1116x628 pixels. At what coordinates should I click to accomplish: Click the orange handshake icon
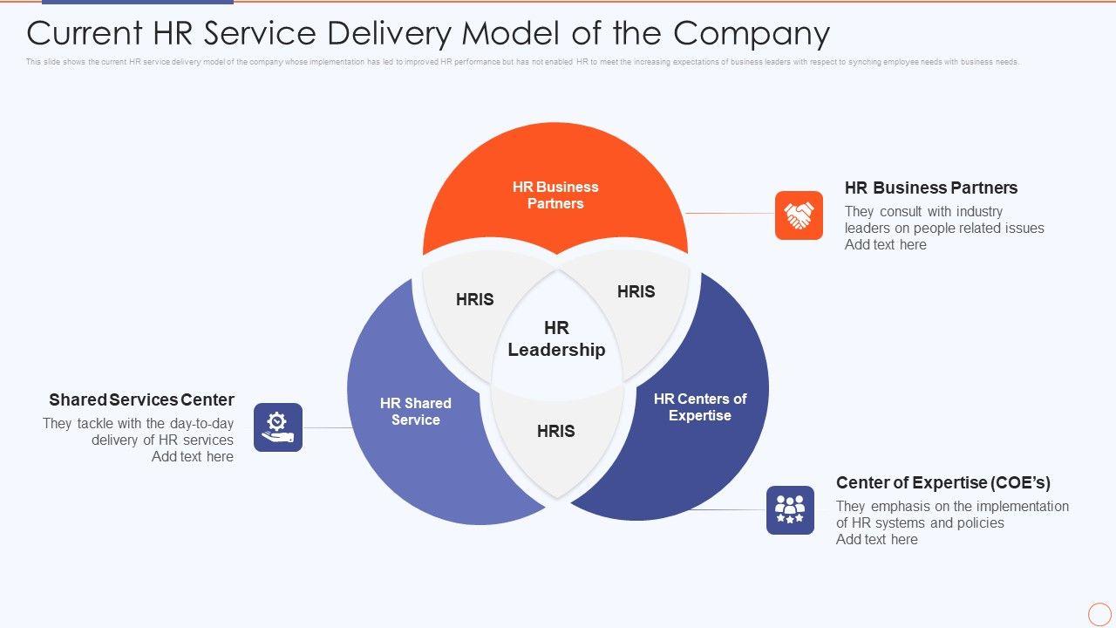click(799, 215)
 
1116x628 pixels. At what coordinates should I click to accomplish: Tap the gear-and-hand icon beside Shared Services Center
click(278, 427)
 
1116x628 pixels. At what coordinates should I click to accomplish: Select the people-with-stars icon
click(790, 510)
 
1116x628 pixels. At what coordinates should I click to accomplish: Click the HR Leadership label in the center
click(556, 339)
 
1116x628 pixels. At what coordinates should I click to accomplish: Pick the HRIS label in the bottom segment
click(556, 431)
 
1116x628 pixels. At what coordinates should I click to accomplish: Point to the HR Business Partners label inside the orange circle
click(555, 195)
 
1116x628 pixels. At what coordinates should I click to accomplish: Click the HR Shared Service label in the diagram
click(416, 412)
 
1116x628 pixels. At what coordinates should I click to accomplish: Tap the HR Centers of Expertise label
click(700, 407)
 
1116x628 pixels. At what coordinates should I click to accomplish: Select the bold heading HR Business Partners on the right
click(931, 188)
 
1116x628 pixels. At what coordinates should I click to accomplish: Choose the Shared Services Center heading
click(142, 399)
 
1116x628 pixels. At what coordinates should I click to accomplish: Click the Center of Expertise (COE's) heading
click(943, 482)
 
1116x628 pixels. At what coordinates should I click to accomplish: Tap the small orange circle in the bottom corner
click(1099, 613)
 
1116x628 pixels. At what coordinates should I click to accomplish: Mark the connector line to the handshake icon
click(730, 213)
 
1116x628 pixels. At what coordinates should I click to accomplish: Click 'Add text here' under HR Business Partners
click(885, 245)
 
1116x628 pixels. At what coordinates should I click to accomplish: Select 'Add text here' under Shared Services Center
click(193, 457)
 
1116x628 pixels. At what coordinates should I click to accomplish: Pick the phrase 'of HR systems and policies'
click(920, 523)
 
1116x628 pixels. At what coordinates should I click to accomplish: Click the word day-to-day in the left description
click(202, 424)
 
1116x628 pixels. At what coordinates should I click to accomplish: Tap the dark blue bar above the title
click(137, 3)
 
